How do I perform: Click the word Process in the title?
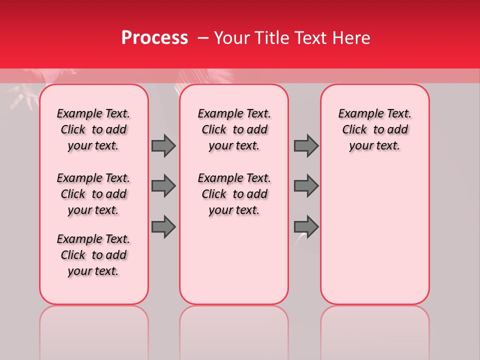point(154,38)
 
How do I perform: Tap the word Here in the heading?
point(350,38)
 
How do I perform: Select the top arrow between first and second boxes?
point(163,145)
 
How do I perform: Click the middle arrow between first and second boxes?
point(163,186)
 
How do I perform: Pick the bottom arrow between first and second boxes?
point(163,226)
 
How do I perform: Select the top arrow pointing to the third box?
point(306,145)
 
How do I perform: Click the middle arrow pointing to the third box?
point(306,186)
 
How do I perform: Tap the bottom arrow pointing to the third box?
point(306,226)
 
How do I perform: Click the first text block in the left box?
point(93,129)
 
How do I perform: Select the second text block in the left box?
point(93,194)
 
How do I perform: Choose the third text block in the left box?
point(93,255)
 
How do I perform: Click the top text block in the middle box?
point(234,129)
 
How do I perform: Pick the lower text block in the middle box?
point(234,194)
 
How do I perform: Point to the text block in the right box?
point(374,129)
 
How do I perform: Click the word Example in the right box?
point(357,114)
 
